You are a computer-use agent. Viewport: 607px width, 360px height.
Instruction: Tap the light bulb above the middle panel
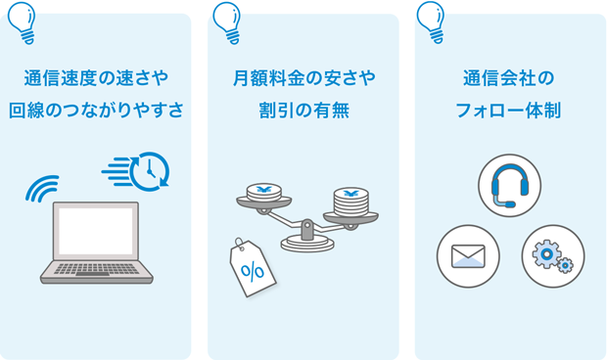[x=227, y=22]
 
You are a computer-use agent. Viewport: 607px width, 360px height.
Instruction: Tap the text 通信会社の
[x=509, y=77]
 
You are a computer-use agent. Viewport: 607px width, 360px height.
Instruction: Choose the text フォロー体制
[x=509, y=110]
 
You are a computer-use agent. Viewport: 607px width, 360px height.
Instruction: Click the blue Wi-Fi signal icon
[x=43, y=189]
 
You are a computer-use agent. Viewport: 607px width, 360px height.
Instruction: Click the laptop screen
[x=96, y=232]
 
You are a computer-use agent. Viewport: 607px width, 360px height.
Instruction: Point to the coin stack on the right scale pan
[x=350, y=203]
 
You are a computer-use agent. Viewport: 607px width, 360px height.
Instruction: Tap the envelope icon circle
[x=468, y=256]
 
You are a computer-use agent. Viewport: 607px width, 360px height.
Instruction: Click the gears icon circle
[x=552, y=256]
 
